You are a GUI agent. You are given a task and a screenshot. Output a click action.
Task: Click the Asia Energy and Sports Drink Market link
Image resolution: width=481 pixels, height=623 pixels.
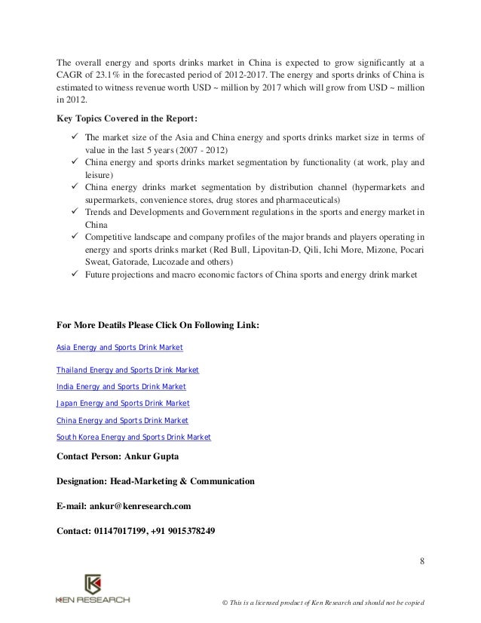click(x=120, y=348)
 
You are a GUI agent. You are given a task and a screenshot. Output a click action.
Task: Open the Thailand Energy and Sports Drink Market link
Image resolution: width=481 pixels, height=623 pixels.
click(x=127, y=370)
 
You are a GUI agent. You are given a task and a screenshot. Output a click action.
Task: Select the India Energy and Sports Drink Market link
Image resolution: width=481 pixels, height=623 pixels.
click(x=121, y=387)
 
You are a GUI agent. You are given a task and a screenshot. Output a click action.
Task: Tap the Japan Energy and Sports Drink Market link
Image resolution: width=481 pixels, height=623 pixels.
click(x=123, y=404)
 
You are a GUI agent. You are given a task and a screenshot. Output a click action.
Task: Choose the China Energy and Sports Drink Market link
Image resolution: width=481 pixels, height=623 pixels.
click(x=122, y=420)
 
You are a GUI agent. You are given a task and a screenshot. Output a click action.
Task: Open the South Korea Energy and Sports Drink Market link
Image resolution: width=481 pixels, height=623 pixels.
click(x=133, y=437)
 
